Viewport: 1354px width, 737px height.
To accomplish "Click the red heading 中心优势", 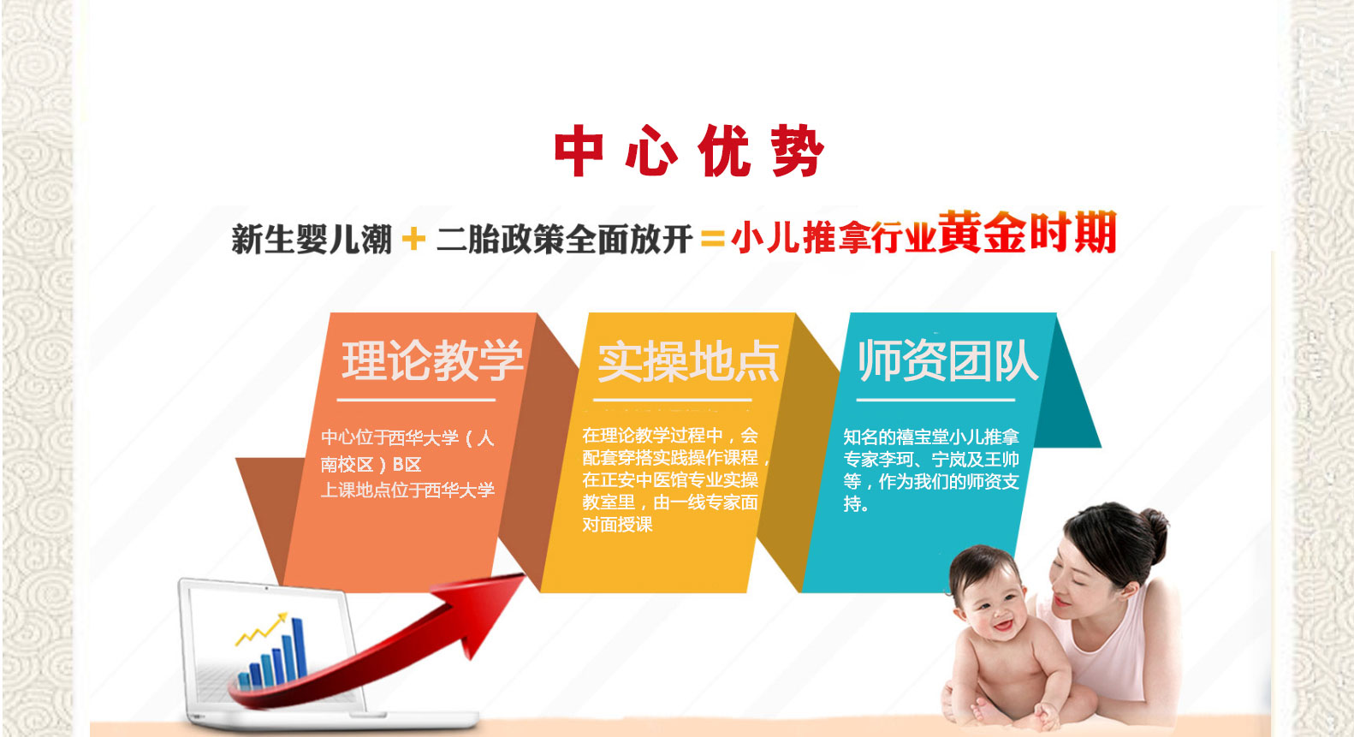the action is [x=689, y=151].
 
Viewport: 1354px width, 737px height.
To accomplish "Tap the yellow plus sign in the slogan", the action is [x=413, y=238].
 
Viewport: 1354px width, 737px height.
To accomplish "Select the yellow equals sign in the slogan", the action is [x=713, y=238].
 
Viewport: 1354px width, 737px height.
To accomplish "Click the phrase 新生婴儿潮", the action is [x=312, y=239].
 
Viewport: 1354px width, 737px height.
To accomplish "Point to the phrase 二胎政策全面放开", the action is [x=564, y=239].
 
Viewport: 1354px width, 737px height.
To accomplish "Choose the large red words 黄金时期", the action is [x=1027, y=232].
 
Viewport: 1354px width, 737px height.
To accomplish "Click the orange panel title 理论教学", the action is [x=432, y=360].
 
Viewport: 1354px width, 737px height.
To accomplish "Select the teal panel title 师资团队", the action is [x=947, y=360].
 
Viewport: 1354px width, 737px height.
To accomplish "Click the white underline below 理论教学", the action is [x=416, y=400].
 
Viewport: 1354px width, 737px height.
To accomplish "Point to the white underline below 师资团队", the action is [x=935, y=400].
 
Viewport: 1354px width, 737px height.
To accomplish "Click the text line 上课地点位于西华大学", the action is [x=407, y=490].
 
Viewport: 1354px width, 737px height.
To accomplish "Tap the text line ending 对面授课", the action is [x=617, y=524].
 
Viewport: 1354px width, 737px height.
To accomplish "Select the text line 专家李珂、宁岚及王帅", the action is [x=931, y=460].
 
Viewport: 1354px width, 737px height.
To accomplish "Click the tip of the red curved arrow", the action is [x=524, y=575].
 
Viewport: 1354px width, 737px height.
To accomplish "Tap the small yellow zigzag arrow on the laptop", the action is [x=262, y=629].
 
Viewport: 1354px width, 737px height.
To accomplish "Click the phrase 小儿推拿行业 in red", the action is [x=834, y=239].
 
